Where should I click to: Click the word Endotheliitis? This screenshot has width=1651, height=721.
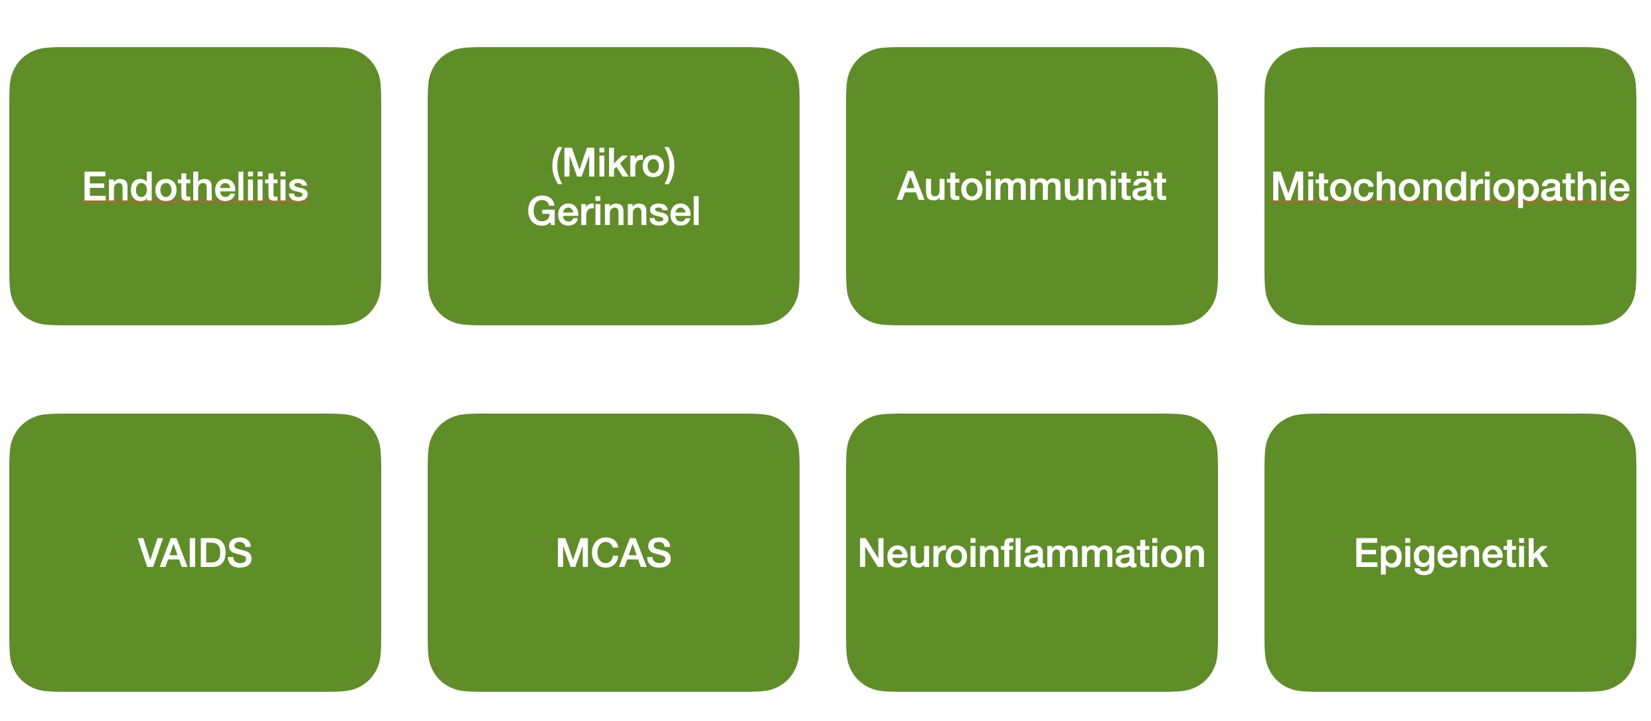(x=195, y=187)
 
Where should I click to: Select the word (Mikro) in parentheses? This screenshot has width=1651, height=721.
(x=613, y=163)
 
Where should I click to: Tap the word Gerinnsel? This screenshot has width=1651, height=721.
(x=613, y=212)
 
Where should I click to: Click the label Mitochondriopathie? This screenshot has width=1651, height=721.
(x=1450, y=188)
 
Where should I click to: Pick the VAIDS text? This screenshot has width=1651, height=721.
(x=195, y=553)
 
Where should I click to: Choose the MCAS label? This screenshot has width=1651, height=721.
(x=613, y=553)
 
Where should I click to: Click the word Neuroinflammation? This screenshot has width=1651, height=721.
(x=1031, y=553)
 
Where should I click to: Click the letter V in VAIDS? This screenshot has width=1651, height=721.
(x=151, y=553)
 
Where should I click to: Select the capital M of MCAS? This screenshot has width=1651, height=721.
(x=572, y=553)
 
